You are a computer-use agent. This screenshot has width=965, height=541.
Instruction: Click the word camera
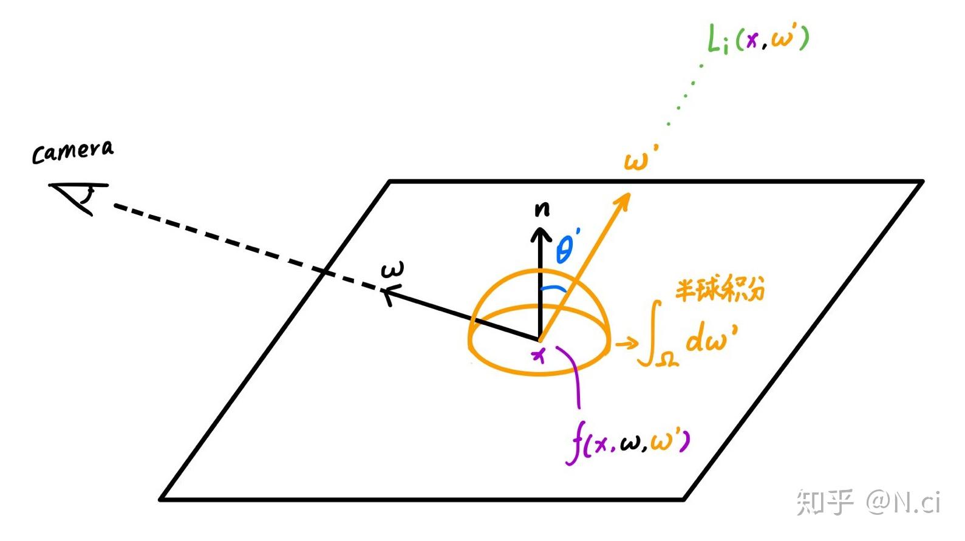point(72,152)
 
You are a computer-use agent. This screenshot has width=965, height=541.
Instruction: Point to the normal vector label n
point(542,209)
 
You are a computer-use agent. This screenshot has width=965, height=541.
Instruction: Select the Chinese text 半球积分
point(720,290)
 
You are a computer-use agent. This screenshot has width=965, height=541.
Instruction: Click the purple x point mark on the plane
point(539,356)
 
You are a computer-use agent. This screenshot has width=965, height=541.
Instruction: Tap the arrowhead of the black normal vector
point(540,233)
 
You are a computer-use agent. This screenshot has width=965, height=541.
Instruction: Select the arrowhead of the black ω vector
point(389,294)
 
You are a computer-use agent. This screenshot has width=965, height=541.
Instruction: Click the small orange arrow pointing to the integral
point(627,344)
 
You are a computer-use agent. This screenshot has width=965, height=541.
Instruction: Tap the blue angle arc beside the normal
point(553,288)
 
